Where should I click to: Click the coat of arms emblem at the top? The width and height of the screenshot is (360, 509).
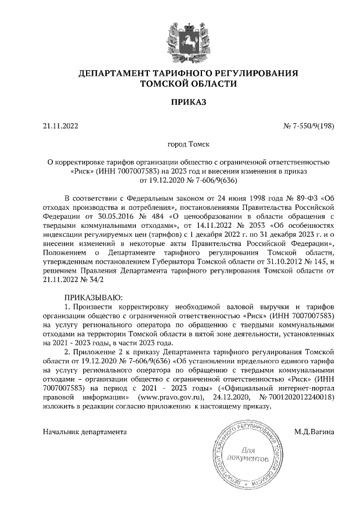pyautogui.click(x=180, y=39)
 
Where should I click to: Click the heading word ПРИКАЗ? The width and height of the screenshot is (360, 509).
pyautogui.click(x=180, y=102)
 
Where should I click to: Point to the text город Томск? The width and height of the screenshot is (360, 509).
pyautogui.click(x=180, y=144)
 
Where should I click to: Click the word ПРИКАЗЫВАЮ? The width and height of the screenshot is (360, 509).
pyautogui.click(x=93, y=296)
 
